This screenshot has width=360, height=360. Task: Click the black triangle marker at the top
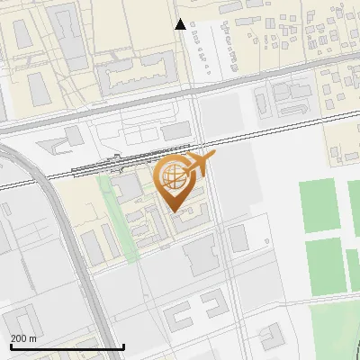coord(181,24)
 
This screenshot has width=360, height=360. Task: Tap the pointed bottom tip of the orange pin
coord(174,211)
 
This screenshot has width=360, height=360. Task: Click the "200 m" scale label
coord(23,338)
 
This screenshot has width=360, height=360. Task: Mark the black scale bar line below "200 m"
coord(67,346)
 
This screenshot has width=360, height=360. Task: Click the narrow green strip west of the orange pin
coord(116,216)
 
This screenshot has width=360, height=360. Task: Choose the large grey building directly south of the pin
coord(202,257)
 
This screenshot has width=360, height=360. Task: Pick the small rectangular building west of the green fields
coord(238,238)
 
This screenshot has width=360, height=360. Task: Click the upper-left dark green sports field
coord(321,203)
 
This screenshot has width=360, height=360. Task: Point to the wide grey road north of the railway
coord(270,78)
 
